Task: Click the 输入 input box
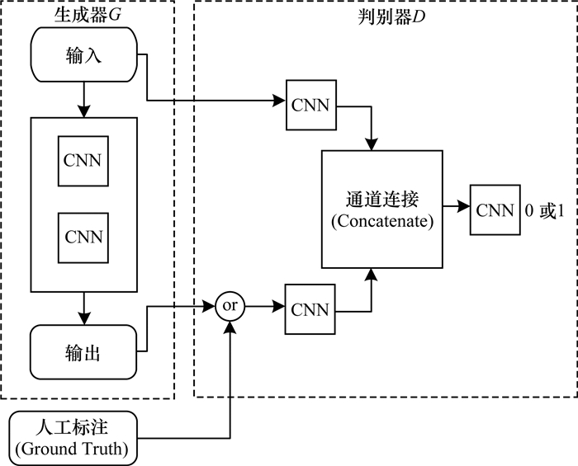[x=83, y=56]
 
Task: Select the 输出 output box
[x=83, y=352]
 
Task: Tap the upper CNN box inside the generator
[x=83, y=160]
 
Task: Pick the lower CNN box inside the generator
[x=83, y=238]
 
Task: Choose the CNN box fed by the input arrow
[x=309, y=105]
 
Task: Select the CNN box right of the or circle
[x=309, y=310]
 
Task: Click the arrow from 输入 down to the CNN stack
[x=83, y=97]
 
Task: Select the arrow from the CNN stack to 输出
[x=83, y=313]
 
